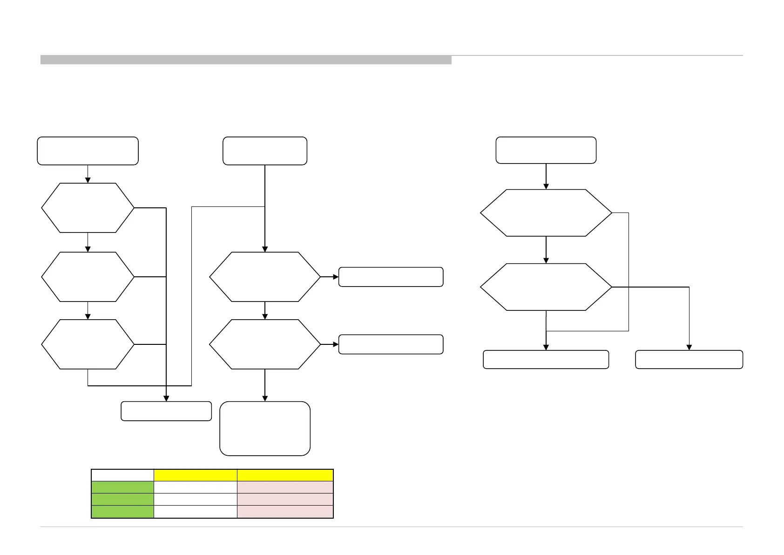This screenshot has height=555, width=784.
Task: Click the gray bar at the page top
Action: tap(246, 60)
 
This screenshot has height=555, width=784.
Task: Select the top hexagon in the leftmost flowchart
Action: tap(88, 208)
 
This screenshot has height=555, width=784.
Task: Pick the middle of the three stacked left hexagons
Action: tap(88, 277)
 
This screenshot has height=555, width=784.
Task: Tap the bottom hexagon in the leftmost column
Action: tap(88, 344)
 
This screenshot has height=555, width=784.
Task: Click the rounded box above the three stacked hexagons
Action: tap(88, 151)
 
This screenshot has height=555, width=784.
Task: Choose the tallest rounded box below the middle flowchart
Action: tap(265, 428)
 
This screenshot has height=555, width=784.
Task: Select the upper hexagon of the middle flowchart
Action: tap(265, 277)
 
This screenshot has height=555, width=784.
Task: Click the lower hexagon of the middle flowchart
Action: tap(265, 344)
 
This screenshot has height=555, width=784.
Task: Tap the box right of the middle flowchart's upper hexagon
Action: tap(391, 277)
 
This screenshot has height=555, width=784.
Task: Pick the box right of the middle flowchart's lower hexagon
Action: tap(391, 344)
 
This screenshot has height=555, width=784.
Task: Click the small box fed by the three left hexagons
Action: tap(166, 411)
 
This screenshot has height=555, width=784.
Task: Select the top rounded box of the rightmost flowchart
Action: tap(546, 150)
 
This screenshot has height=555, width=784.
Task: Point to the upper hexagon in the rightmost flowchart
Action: tap(546, 213)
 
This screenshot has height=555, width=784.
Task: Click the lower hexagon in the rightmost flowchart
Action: tap(546, 287)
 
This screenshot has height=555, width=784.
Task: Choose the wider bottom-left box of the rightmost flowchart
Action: tap(546, 360)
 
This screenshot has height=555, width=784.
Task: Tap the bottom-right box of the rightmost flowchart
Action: tap(689, 360)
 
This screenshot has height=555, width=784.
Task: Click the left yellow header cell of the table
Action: tap(196, 475)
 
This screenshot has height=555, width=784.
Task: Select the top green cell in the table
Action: tap(122, 487)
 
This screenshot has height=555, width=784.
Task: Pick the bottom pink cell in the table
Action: tap(285, 512)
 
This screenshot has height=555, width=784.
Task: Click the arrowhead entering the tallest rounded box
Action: tap(265, 398)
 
